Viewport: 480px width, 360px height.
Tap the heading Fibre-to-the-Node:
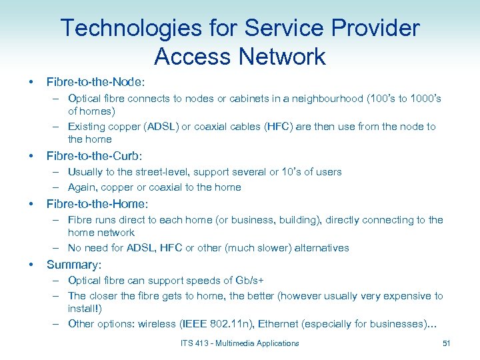pos(95,82)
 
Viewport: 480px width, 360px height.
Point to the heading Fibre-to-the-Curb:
pos(94,156)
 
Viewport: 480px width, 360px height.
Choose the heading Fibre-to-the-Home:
pos(97,204)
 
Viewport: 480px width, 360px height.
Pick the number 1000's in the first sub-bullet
pos(421,99)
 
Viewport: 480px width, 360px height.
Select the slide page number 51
pos(446,343)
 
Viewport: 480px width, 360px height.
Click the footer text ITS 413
pos(195,343)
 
